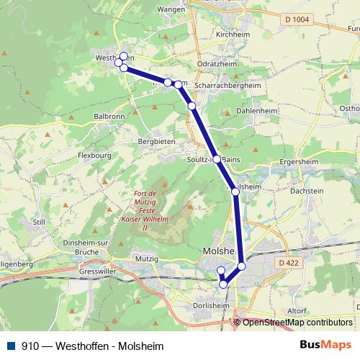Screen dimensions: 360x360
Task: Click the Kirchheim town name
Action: coord(232,34)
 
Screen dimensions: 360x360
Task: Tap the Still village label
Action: coord(39,222)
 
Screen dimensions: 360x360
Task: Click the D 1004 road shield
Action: coord(297,20)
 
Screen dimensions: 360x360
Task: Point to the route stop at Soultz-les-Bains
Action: coord(216,158)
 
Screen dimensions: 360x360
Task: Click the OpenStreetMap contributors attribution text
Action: coord(297,322)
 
